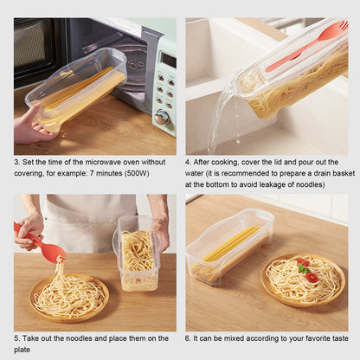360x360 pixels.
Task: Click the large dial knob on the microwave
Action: coord(162,117)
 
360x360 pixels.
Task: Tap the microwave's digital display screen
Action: coord(168,61)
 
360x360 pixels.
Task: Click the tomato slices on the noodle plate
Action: coord(305,269)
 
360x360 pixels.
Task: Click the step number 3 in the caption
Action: coord(16,161)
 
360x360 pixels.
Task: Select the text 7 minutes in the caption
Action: coord(118,173)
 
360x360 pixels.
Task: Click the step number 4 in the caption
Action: coord(188,161)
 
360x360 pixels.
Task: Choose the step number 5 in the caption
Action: coord(16,337)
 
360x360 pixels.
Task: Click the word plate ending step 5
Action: coord(22,349)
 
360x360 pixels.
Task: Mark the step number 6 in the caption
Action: coord(188,337)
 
